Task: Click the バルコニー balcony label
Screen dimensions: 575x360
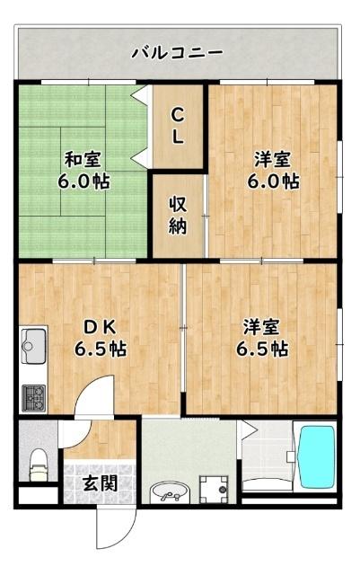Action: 178,53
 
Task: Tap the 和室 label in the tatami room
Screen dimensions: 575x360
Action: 82,160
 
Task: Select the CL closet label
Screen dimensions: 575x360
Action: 179,126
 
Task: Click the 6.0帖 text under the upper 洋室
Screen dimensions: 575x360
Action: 273,181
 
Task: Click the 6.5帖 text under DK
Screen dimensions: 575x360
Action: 100,349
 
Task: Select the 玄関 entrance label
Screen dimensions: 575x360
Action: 100,482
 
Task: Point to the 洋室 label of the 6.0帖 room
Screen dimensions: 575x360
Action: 273,160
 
